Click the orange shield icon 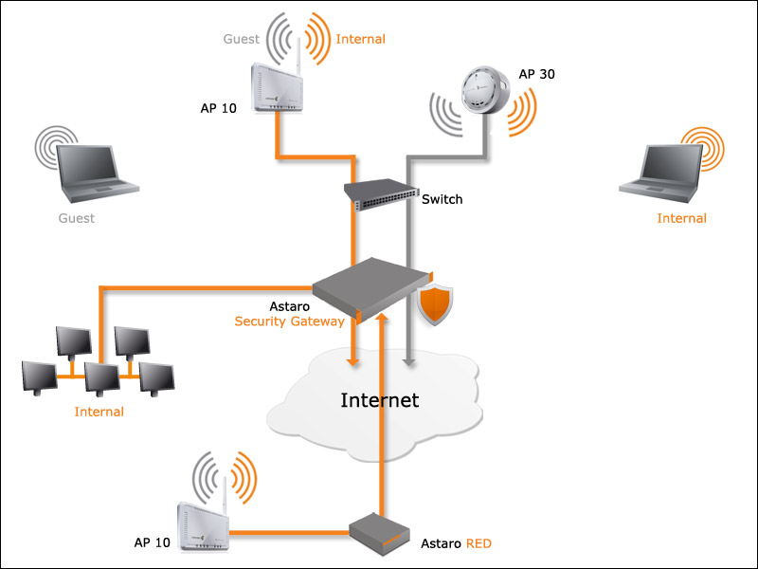click(436, 305)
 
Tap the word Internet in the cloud click(379, 399)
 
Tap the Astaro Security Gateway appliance click(365, 286)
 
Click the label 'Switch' click(442, 199)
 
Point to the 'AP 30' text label click(536, 74)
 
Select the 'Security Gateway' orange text click(289, 322)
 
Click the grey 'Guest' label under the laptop click(76, 218)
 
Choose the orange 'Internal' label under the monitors click(99, 412)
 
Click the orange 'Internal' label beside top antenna click(360, 39)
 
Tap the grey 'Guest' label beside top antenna click(241, 39)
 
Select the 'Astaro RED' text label click(456, 544)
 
